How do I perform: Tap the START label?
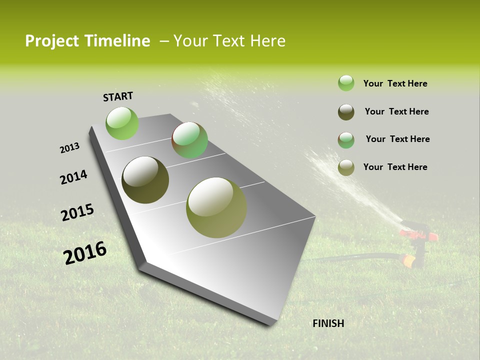(x=118, y=96)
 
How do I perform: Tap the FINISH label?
(x=328, y=323)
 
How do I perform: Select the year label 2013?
(x=69, y=148)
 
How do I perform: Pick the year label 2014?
(x=73, y=177)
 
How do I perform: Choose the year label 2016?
(x=85, y=253)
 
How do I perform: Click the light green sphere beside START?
(x=122, y=123)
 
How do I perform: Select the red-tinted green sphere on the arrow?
(x=190, y=140)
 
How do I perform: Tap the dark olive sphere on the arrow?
(x=145, y=179)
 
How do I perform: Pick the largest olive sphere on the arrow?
(x=216, y=207)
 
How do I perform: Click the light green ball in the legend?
(x=346, y=83)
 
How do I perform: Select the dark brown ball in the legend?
(x=346, y=112)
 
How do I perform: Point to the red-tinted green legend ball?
(x=346, y=140)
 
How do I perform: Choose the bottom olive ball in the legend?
(x=346, y=167)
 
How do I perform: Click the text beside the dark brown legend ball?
(x=396, y=111)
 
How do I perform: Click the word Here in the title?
(x=267, y=41)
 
